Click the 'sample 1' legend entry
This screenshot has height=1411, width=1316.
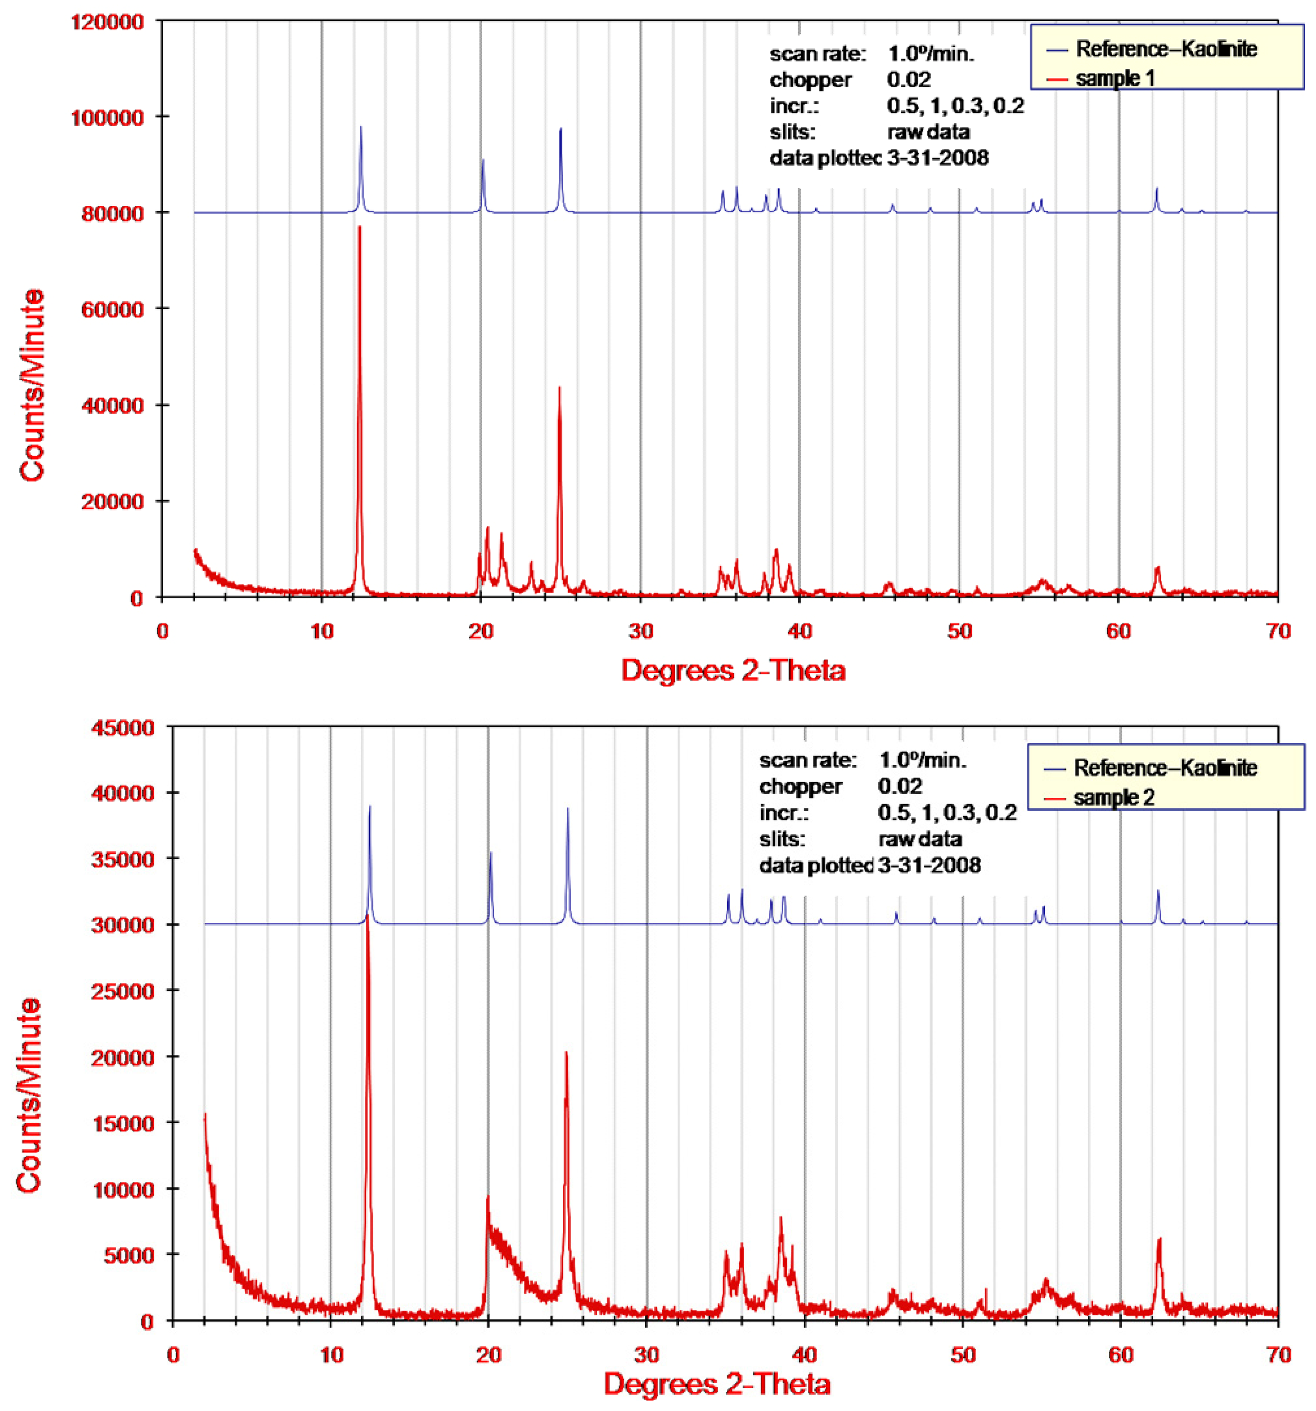pos(1115,78)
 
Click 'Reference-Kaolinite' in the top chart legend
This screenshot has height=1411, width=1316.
pos(1166,49)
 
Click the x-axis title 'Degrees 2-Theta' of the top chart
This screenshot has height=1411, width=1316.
pos(733,670)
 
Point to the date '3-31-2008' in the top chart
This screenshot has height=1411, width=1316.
pos(937,157)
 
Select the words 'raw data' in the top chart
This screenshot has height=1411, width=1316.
pos(928,132)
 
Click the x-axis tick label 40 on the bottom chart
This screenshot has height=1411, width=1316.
pos(804,1355)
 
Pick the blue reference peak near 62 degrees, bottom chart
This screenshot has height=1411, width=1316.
pos(1158,892)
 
